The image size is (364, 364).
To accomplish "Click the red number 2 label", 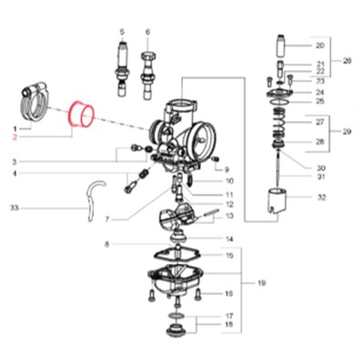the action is [15, 137].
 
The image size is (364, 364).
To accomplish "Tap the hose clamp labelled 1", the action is [35, 101].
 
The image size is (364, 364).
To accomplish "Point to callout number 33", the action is [15, 208].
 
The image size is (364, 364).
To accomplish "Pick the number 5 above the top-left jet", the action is [122, 32].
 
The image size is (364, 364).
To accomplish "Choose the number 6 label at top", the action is [147, 32].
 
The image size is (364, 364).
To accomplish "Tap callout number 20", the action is [319, 45].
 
